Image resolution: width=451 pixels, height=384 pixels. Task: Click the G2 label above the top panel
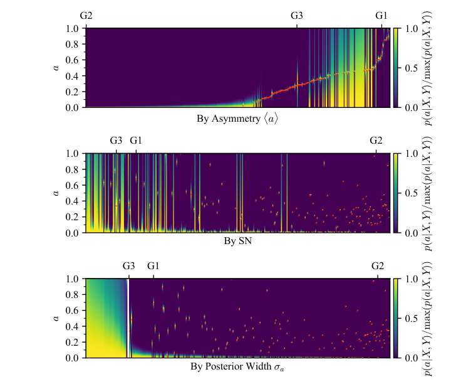[x=86, y=16]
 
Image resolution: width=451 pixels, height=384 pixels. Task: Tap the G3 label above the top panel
[x=297, y=16]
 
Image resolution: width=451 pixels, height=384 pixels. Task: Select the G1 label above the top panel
[x=381, y=16]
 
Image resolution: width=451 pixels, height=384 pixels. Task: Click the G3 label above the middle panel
[x=117, y=141]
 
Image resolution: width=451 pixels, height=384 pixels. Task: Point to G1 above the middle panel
[x=136, y=141]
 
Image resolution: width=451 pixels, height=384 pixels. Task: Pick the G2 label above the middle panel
[x=376, y=141]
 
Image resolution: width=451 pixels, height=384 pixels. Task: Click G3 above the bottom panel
[x=128, y=266]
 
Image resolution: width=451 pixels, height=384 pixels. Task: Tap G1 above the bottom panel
[x=153, y=266]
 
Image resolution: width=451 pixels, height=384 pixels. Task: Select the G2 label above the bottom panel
[x=378, y=266]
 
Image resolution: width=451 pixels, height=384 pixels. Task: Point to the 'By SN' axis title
[x=238, y=241]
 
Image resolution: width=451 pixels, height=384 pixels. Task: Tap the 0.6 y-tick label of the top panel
[x=72, y=60]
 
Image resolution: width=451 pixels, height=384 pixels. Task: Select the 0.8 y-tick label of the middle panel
[x=72, y=169]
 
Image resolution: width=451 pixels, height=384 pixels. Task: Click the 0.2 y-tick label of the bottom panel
[x=72, y=342]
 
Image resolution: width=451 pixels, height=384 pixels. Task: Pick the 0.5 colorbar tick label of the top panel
[x=412, y=68]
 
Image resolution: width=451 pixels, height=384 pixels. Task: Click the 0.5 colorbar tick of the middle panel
[x=412, y=193]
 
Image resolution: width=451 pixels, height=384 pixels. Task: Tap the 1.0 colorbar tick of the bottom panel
[x=412, y=279]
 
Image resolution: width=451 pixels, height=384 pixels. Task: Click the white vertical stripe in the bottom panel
[x=128, y=318]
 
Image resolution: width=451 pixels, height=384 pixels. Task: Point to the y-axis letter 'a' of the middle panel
[x=56, y=193]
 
